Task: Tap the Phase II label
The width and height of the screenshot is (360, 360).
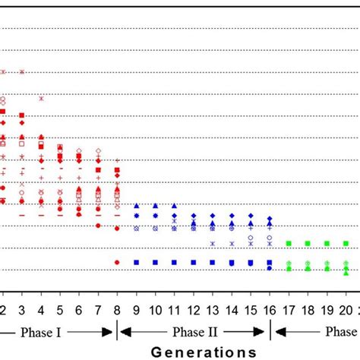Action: tap(193, 331)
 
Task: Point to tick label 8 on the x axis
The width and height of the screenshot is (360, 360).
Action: tap(116, 311)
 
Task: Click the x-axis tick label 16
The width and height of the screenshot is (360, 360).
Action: tap(270, 311)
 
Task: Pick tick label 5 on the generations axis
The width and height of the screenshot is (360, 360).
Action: tap(59, 311)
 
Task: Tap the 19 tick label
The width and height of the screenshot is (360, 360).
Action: tap(327, 311)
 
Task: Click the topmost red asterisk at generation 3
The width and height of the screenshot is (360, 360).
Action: tap(22, 72)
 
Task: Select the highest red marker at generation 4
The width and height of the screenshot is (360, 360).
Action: tap(41, 98)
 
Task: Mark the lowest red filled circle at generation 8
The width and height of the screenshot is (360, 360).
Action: tap(117, 262)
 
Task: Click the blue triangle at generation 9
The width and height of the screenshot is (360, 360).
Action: tap(136, 206)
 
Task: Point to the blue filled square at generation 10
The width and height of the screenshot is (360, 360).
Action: tap(155, 262)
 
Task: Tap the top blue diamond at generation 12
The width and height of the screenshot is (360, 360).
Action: tap(194, 216)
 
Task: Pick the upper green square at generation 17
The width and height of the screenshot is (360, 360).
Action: tap(289, 243)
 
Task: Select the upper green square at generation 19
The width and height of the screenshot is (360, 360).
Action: tap(327, 243)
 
